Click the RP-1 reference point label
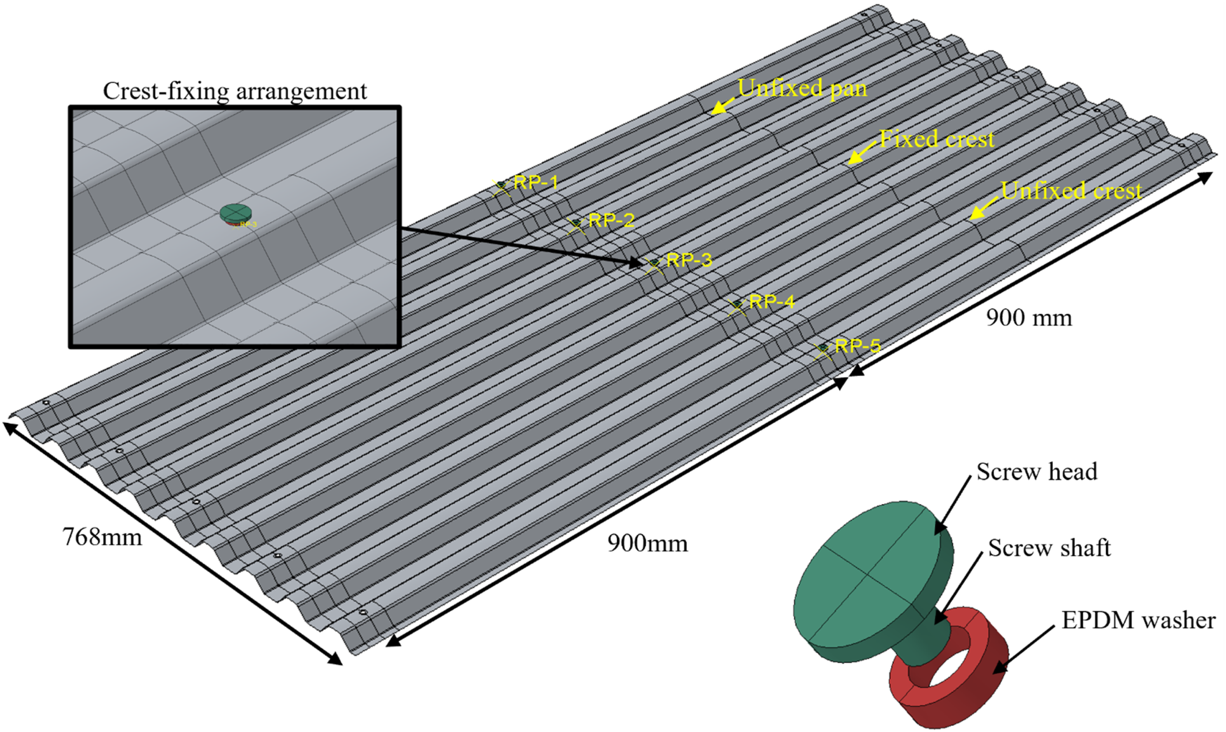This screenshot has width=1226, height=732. click(x=536, y=183)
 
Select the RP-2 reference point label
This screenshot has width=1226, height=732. click(x=611, y=220)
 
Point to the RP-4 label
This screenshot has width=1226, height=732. click(x=772, y=301)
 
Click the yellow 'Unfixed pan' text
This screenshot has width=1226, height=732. click(x=802, y=89)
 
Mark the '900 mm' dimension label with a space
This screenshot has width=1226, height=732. click(x=1029, y=318)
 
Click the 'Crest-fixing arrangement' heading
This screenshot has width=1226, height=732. click(x=235, y=91)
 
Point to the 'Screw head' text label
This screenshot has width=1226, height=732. click(x=1037, y=472)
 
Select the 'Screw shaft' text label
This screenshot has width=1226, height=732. click(x=1049, y=548)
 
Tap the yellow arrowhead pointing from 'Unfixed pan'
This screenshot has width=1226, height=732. click(x=719, y=107)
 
